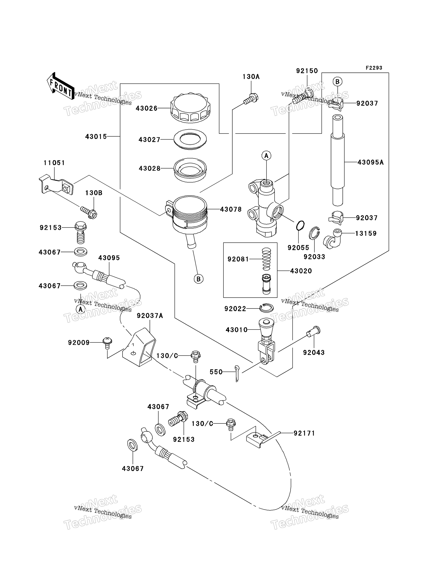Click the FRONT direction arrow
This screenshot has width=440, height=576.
tap(60, 86)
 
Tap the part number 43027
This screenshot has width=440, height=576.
tap(149, 140)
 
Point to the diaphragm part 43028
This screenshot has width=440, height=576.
tap(190, 170)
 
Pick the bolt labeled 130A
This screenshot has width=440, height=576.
tap(251, 99)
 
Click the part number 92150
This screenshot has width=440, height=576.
tap(307, 71)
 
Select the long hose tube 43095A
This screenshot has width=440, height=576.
tap(338, 160)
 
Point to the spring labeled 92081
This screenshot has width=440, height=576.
tap(266, 259)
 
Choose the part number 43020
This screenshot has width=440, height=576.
tap(301, 271)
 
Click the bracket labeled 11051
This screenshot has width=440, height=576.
tap(56, 185)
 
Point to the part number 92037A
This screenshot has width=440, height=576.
tap(150, 316)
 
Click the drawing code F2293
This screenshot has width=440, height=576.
tap(374, 68)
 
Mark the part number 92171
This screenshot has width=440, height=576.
tap(304, 433)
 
